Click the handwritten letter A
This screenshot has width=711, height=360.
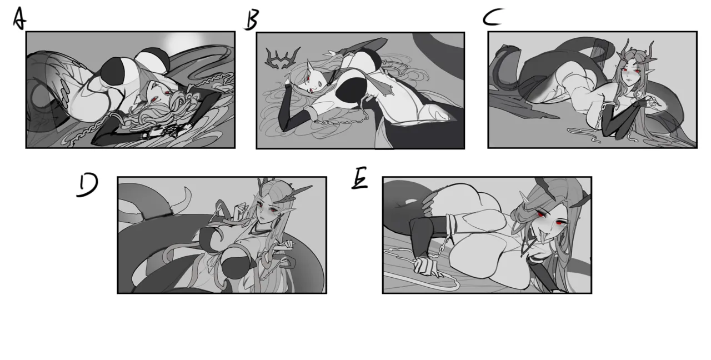click(19, 18)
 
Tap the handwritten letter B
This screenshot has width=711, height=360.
click(252, 19)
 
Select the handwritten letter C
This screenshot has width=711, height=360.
click(493, 17)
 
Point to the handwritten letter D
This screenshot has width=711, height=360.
click(87, 186)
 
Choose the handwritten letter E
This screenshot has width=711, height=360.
click(359, 178)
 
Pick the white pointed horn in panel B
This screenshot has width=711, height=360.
click(310, 66)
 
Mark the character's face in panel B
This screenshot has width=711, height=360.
click(313, 83)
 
